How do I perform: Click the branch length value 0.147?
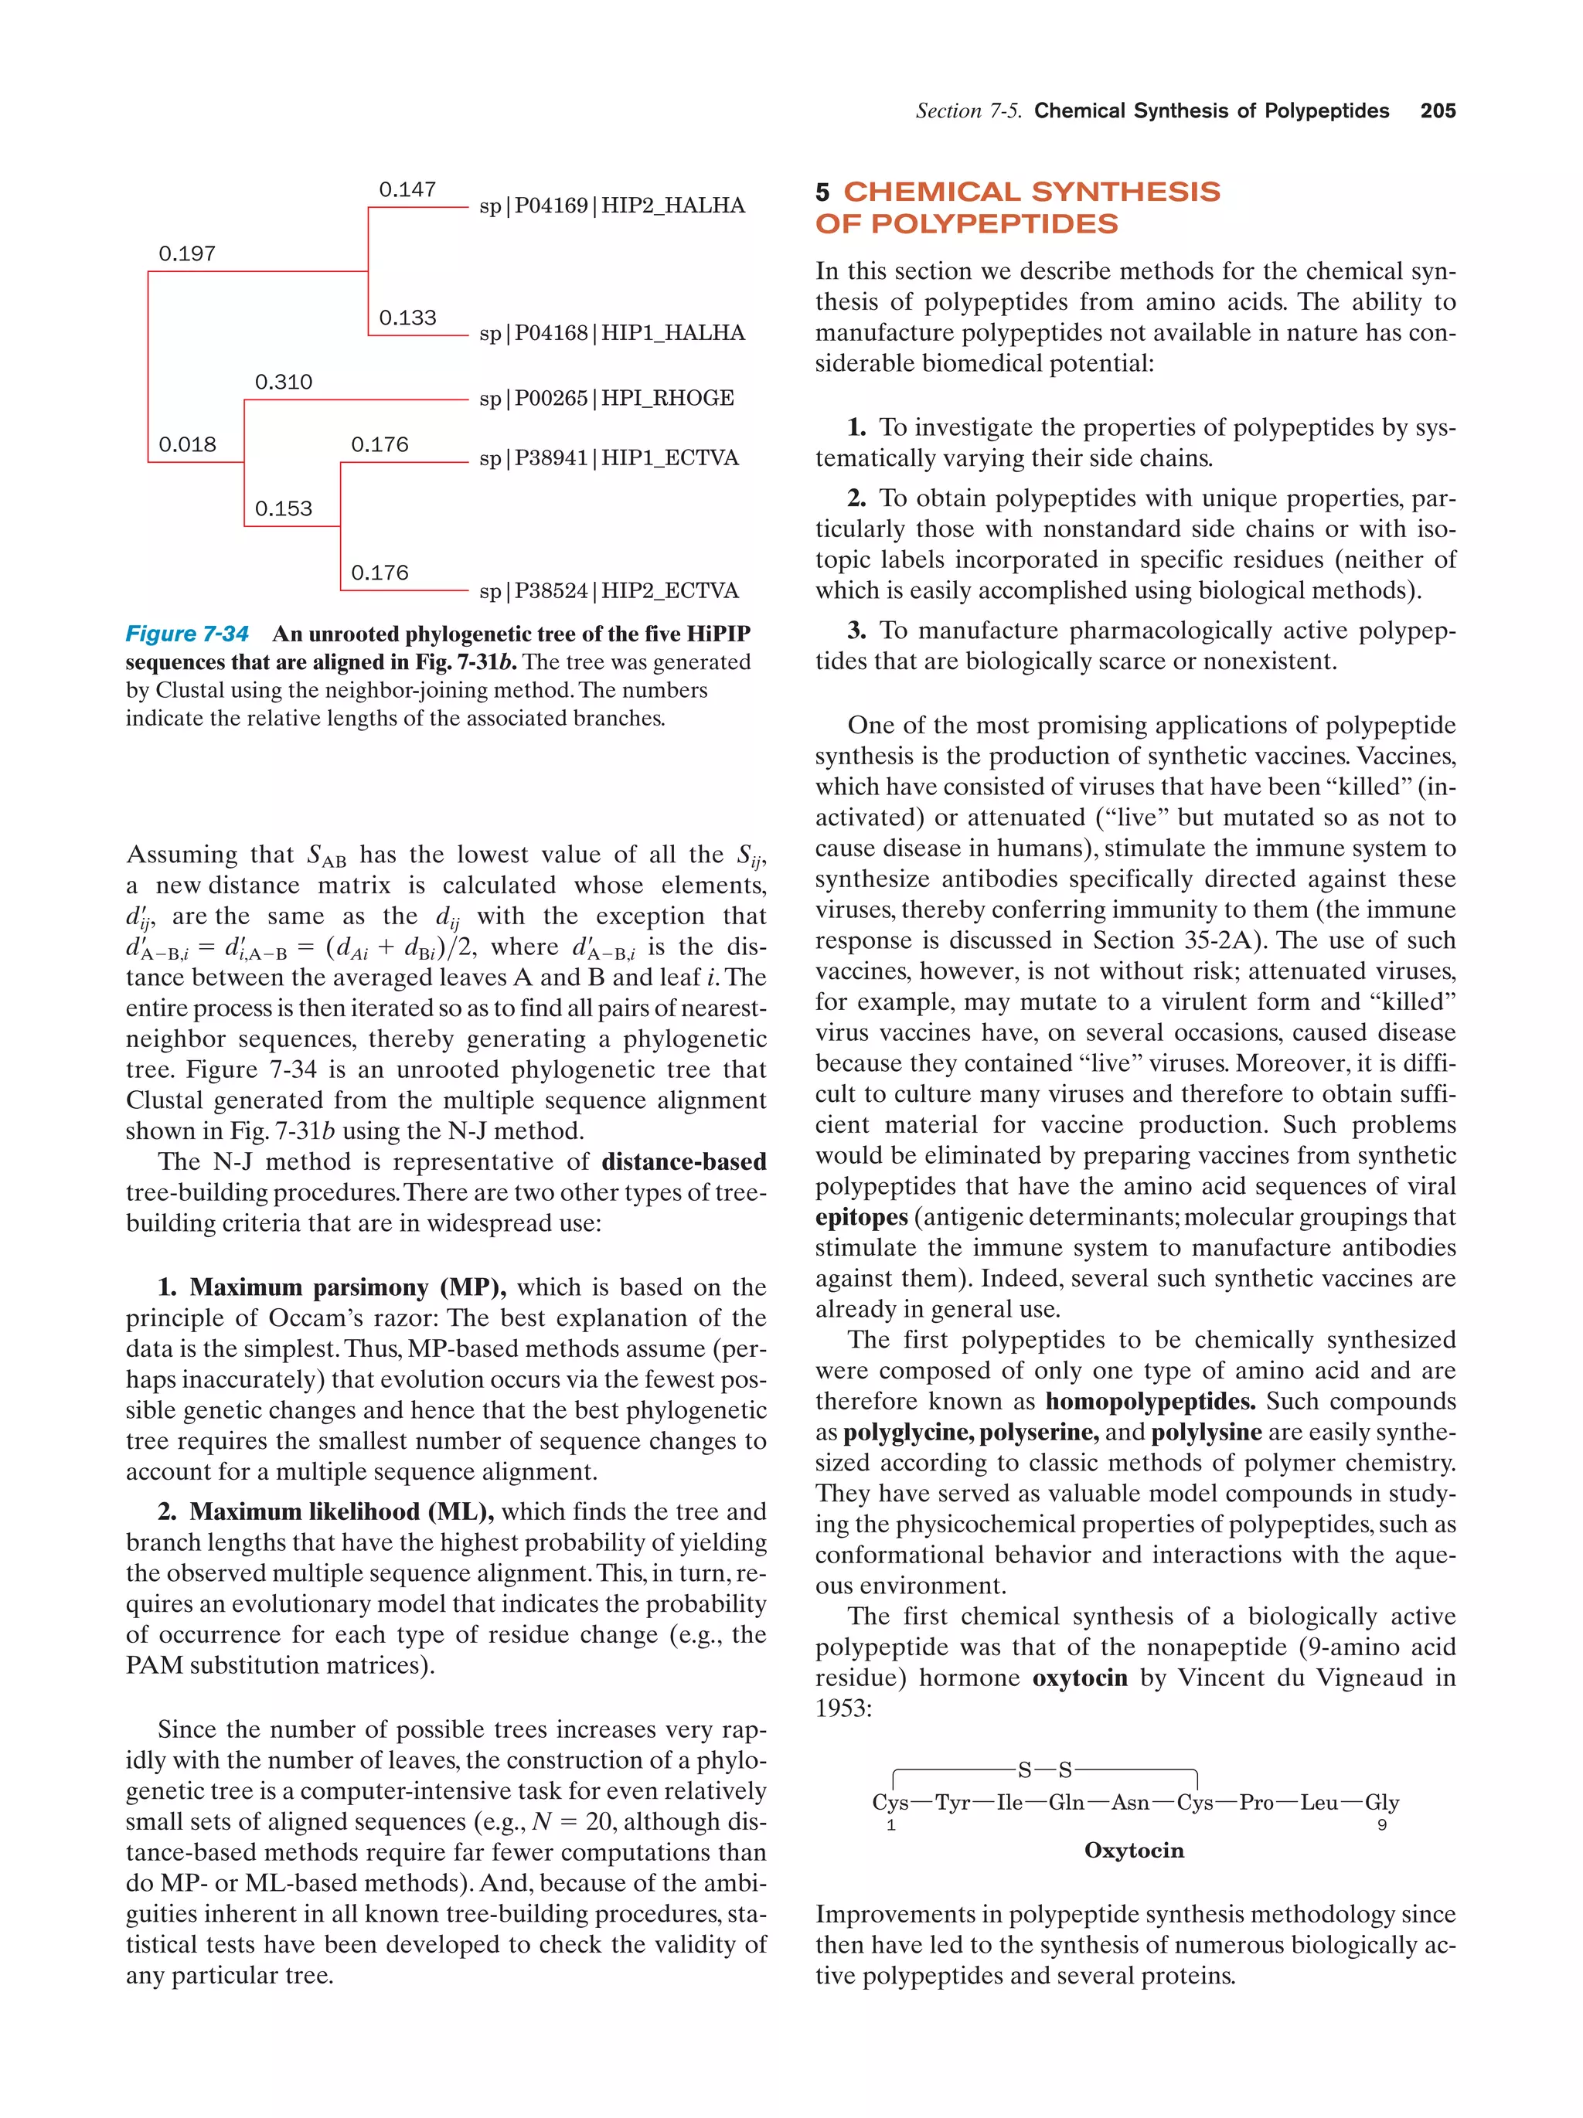(407, 189)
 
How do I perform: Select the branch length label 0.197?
(187, 253)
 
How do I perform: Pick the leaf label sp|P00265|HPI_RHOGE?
(606, 397)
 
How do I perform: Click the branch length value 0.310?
(284, 382)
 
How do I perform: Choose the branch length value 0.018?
(187, 444)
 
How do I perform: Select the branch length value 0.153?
(284, 508)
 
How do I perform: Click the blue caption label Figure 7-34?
(187, 634)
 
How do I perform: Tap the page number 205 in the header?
(1438, 111)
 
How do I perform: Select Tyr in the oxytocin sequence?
(953, 1802)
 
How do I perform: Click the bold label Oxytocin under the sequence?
(1133, 1850)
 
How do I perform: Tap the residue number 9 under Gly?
(1381, 1825)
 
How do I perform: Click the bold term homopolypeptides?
(1149, 1401)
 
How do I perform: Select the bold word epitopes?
(861, 1217)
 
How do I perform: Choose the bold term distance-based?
(684, 1161)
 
